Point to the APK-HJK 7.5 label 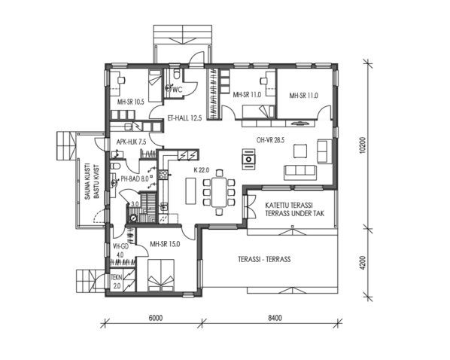pyautogui.click(x=130, y=141)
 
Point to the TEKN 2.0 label pyautogui.click(x=116, y=282)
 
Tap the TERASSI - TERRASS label pyautogui.click(x=265, y=258)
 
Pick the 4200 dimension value pyautogui.click(x=363, y=265)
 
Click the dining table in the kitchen pyautogui.click(x=219, y=192)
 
